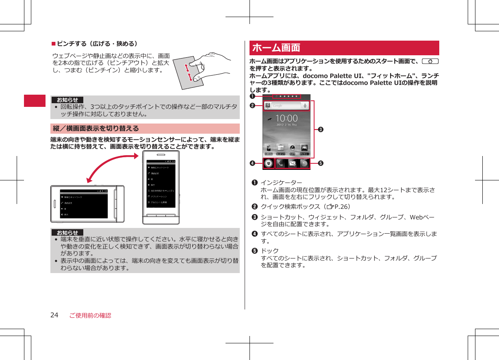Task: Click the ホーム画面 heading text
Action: tap(276, 48)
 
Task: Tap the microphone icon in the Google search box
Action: tap(305, 106)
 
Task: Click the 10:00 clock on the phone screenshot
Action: tap(286, 119)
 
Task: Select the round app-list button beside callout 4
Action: tap(268, 163)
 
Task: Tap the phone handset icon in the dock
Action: tap(281, 163)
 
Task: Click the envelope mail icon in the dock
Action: tap(293, 163)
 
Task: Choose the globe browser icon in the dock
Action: tap(304, 163)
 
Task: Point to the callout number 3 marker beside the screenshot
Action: tap(321, 130)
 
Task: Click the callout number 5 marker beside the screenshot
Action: tap(321, 163)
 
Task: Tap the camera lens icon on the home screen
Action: tap(292, 147)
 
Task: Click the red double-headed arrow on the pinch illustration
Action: tap(188, 72)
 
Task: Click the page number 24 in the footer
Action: tap(54, 315)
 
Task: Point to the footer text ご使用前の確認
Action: tap(90, 315)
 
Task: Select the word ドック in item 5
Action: tap(269, 251)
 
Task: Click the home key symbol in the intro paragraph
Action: tap(430, 61)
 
